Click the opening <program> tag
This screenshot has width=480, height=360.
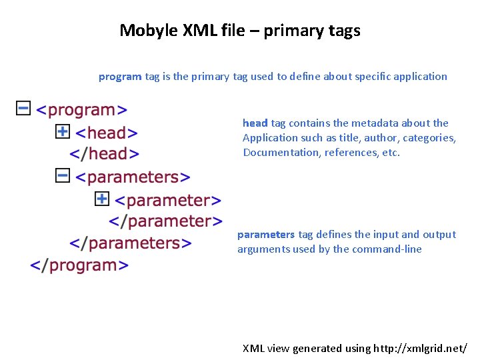click(x=81, y=110)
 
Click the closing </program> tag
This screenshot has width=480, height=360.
click(x=79, y=265)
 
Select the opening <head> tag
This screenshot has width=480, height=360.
click(x=107, y=133)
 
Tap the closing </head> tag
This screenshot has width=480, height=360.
click(x=105, y=154)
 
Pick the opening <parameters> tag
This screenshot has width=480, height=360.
click(x=133, y=177)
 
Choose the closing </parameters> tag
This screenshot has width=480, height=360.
click(x=131, y=243)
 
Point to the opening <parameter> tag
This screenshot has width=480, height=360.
click(x=168, y=200)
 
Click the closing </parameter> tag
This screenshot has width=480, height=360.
click(x=165, y=221)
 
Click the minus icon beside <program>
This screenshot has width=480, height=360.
click(x=23, y=107)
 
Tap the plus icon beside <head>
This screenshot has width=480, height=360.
click(x=62, y=131)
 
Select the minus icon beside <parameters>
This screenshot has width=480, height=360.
click(x=62, y=175)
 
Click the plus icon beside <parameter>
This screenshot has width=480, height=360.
click(x=102, y=199)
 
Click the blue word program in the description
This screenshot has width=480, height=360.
click(x=120, y=76)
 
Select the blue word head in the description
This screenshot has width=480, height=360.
click(x=255, y=123)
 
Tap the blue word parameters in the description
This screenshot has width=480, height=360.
click(x=265, y=234)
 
